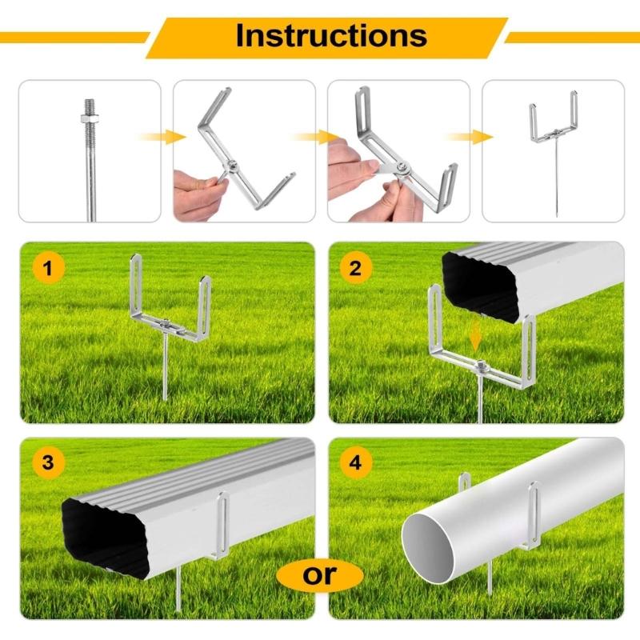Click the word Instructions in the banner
click(330, 35)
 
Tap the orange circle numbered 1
click(49, 269)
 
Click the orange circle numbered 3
click(49, 463)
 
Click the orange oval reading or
click(319, 573)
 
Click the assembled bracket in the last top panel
click(554, 128)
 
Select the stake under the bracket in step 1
click(164, 368)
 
